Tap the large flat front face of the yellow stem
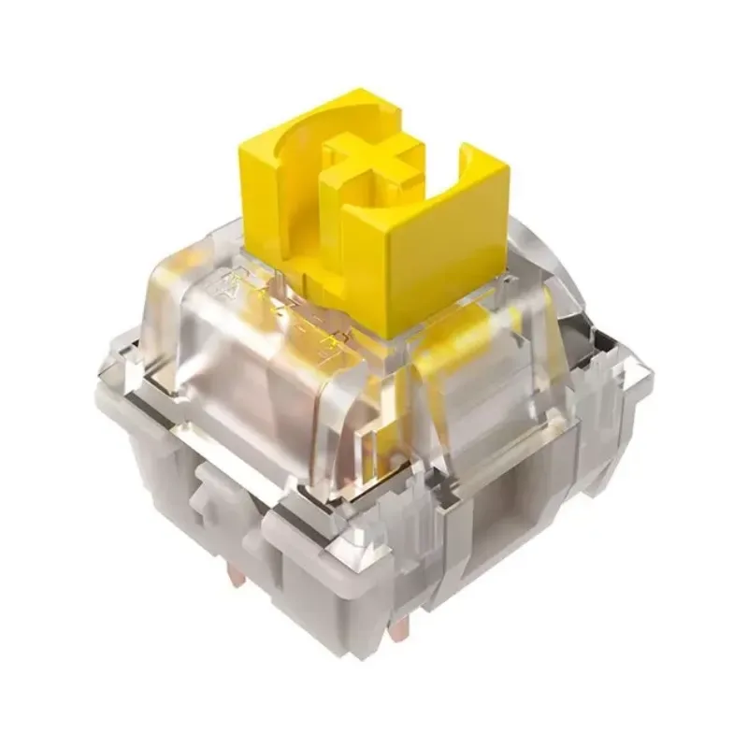tap(425, 266)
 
